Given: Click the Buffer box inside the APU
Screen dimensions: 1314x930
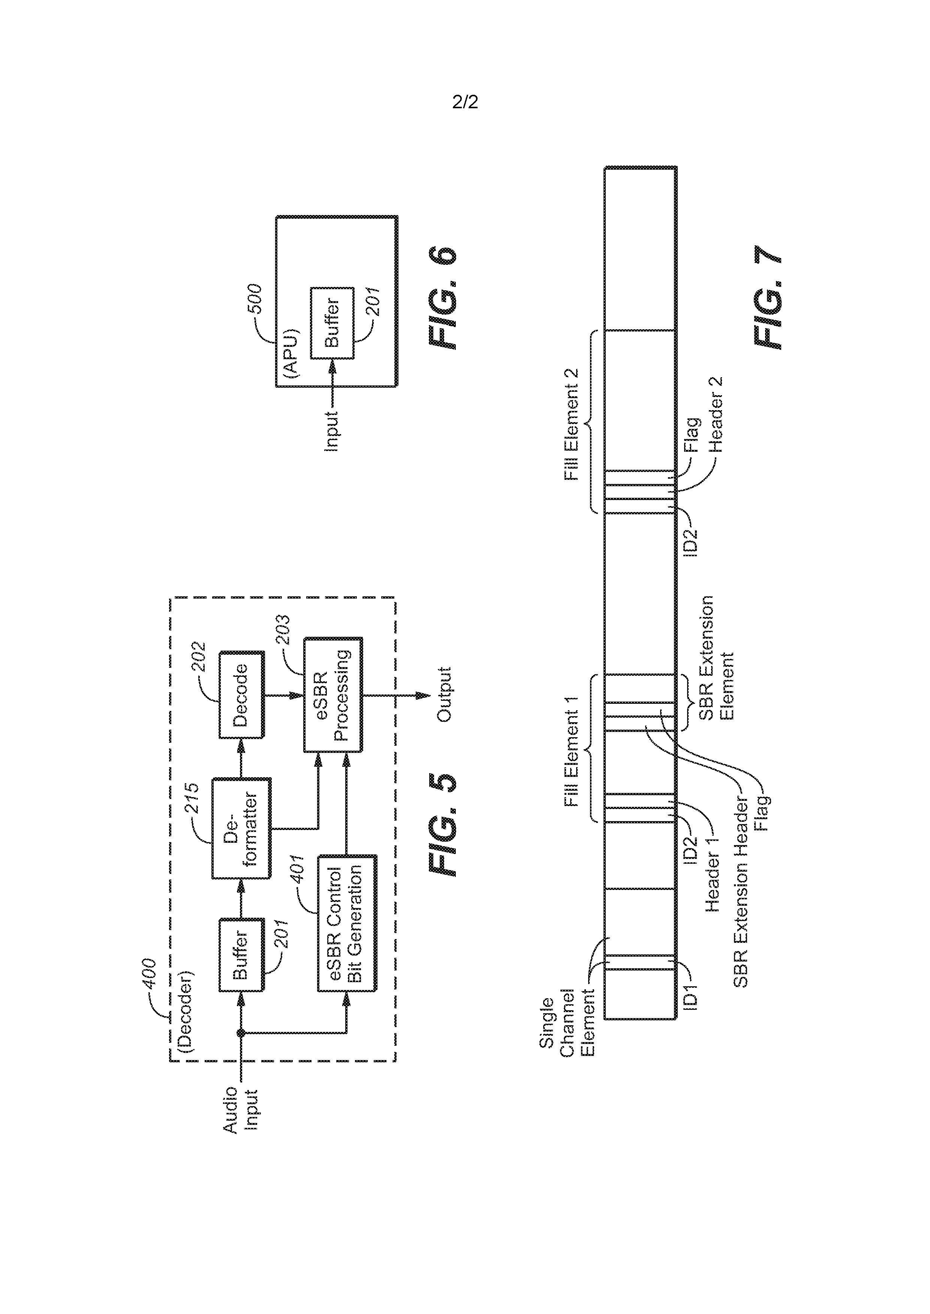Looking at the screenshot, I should tap(332, 323).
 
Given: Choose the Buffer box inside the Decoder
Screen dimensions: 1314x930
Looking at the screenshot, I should tap(241, 954).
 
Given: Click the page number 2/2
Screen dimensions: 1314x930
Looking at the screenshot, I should tap(464, 102).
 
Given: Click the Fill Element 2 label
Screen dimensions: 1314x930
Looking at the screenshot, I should tap(572, 424).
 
